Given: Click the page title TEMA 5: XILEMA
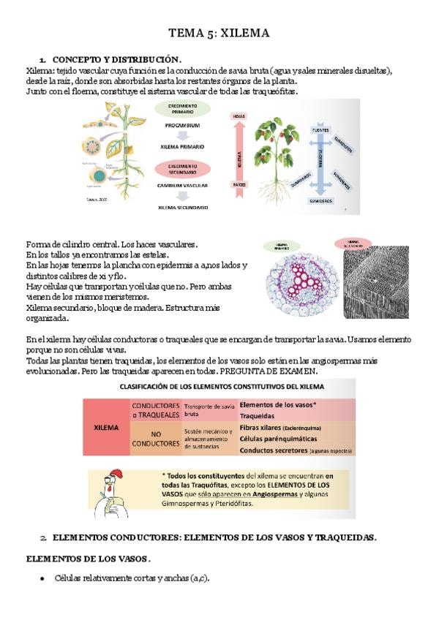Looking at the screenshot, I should pyautogui.click(x=219, y=33).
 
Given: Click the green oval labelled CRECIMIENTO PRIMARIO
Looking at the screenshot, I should pyautogui.click(x=182, y=108).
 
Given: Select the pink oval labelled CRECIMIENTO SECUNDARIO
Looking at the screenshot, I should pyautogui.click(x=182, y=168).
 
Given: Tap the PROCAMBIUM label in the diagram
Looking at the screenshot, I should pyautogui.click(x=182, y=125).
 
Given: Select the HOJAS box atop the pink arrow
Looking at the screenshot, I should pyautogui.click(x=239, y=116).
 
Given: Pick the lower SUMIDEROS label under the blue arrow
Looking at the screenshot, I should pyautogui.click(x=320, y=200).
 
